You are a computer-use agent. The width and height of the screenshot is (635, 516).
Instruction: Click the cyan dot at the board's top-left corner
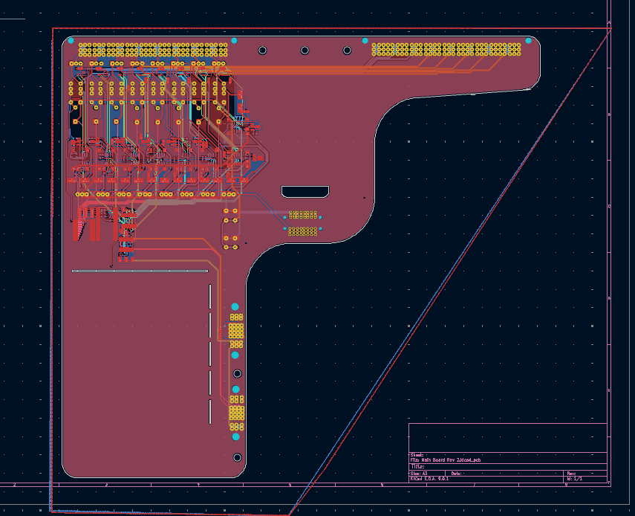(71, 40)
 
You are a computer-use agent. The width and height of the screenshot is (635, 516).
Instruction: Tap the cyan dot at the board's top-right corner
(529, 40)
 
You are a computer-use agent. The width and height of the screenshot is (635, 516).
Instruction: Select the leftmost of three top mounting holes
(262, 51)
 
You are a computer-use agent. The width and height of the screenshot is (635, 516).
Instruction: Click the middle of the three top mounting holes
(305, 51)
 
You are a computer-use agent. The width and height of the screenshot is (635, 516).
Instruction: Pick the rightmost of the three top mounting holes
(347, 51)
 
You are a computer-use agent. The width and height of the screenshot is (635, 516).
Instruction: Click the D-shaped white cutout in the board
(305, 192)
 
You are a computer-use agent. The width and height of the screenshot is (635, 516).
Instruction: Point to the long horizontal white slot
(140, 271)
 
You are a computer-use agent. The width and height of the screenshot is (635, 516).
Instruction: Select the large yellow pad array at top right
(447, 50)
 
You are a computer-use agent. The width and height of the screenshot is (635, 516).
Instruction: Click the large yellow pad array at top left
(153, 50)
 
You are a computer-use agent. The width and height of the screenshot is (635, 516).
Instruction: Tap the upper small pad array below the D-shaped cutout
(302, 215)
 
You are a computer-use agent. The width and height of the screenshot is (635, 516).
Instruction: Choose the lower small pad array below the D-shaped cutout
(302, 231)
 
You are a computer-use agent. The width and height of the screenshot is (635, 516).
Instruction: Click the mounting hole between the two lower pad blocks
(237, 373)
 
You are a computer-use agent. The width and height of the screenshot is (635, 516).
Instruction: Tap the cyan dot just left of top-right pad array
(365, 40)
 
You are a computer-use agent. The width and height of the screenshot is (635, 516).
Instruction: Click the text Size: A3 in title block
(420, 473)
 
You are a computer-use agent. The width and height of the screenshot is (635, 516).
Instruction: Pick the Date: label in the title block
(457, 473)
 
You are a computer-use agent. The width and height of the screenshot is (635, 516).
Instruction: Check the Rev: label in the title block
(571, 473)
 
